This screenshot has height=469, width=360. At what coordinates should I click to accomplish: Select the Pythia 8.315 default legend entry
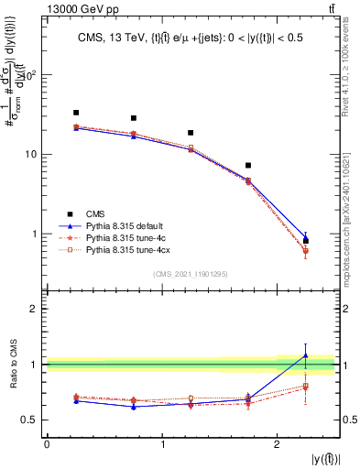click(125, 224)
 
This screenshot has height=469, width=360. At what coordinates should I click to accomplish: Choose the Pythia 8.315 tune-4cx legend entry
click(128, 248)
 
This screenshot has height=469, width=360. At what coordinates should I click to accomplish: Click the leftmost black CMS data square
click(76, 113)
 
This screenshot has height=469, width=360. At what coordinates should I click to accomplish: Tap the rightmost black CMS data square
click(306, 241)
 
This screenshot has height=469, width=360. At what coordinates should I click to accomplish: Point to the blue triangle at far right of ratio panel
click(306, 355)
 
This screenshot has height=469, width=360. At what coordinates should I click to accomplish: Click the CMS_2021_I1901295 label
click(191, 274)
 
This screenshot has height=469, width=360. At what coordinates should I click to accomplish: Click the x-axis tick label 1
click(163, 444)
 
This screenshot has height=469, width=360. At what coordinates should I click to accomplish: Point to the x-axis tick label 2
click(278, 444)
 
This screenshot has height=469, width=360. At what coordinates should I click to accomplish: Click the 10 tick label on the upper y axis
click(31, 155)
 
